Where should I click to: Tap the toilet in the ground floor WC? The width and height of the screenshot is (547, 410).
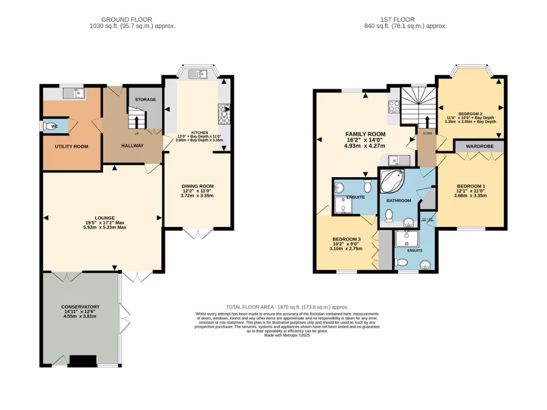[x=52, y=127]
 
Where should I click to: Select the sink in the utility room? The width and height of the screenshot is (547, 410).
[x=72, y=94]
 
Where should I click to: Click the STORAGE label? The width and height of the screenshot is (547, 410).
[x=145, y=100]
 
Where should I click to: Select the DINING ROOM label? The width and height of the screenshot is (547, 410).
[x=198, y=186]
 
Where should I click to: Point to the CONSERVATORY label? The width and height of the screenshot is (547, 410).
[x=80, y=306]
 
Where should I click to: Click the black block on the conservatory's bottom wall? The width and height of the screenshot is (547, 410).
[x=82, y=361]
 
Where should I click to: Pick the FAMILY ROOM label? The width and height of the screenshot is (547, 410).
[x=365, y=135]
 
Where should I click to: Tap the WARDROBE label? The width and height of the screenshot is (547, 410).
[x=479, y=146]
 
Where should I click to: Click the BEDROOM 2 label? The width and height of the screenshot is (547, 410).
[x=470, y=114]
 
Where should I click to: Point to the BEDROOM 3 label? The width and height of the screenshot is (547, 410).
[x=346, y=239]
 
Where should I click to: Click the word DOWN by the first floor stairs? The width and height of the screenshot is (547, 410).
[x=427, y=133]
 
